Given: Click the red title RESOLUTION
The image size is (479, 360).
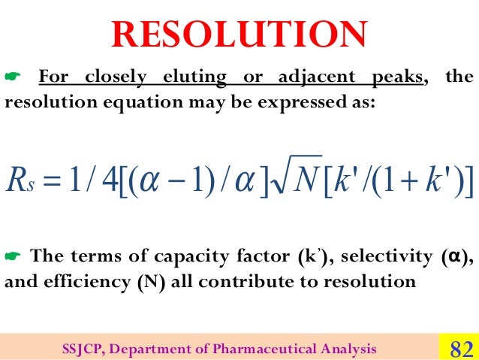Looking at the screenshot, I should pos(239,33).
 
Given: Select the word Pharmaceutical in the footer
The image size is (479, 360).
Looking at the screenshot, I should pos(286,348).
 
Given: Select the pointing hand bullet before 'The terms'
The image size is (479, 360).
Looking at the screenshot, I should pos(13,258).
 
